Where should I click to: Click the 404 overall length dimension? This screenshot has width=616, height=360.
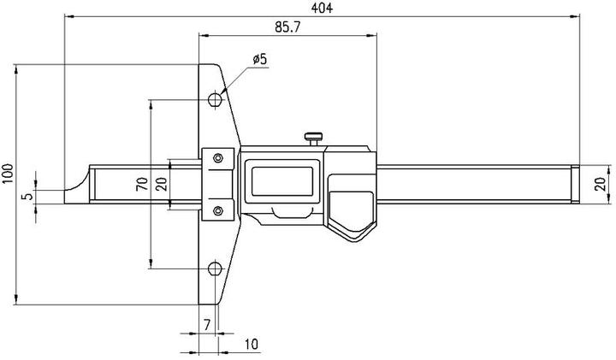tap(323, 8)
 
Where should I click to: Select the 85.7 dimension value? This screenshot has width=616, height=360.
tap(288, 27)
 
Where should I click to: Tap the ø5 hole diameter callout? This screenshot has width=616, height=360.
tap(260, 59)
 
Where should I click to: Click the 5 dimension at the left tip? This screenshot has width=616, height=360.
tap(27, 196)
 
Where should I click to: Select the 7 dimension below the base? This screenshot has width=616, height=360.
tap(206, 325)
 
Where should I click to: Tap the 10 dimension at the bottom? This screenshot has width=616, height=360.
tap(251, 344)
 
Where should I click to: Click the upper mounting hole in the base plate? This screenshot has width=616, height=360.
tap(215, 101)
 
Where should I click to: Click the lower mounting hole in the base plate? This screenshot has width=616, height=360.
tap(215, 268)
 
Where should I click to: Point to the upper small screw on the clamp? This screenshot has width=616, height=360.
tap(219, 157)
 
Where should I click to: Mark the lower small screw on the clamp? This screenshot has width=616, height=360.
tap(219, 210)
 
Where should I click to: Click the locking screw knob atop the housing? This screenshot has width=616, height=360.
tap(314, 135)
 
